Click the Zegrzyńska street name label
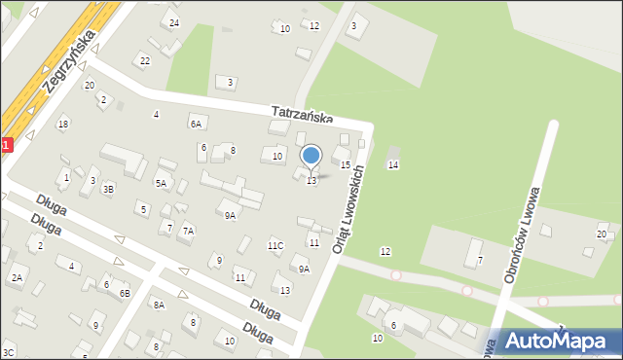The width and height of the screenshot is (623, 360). [x=69, y=60]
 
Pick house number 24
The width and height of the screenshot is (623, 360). [x=174, y=22]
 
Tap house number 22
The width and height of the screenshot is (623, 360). [x=145, y=61]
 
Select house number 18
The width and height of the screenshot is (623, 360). [x=63, y=124]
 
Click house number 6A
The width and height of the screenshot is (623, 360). [x=196, y=124]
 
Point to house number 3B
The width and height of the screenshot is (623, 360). [x=109, y=189]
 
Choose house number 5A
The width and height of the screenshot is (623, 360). [x=161, y=183]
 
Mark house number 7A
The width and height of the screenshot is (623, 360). [x=188, y=231]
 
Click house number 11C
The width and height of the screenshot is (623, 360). [x=275, y=245]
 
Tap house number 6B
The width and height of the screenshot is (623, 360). [x=125, y=293]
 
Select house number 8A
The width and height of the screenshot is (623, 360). [x=158, y=305]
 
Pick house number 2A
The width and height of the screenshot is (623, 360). [x=17, y=278]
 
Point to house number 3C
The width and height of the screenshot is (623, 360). [x=9, y=352]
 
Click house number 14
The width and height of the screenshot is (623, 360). [x=393, y=165]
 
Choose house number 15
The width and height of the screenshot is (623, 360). [x=346, y=165]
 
